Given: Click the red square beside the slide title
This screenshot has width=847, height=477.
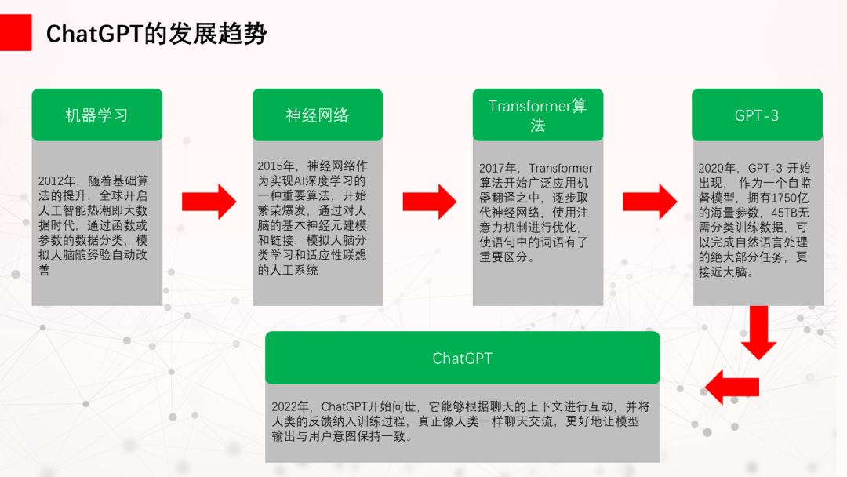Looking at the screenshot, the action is tap(16, 32).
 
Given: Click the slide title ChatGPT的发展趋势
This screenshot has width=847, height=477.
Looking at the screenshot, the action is tap(156, 34).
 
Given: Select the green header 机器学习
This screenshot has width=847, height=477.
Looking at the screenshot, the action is tap(97, 115).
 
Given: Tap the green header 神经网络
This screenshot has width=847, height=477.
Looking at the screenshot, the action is tap(318, 115).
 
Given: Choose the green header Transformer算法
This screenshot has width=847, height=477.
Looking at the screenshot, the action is tap(538, 115).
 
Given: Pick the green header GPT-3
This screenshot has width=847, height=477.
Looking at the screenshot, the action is tap(758, 115).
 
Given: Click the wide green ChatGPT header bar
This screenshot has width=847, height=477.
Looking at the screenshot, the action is tap(463, 358).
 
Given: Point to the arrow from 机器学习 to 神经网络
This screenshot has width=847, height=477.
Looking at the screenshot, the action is tap(209, 202).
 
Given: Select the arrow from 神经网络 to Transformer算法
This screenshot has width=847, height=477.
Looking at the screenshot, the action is tap(430, 202).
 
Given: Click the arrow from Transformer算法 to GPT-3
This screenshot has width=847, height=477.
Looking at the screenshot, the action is tap(650, 202).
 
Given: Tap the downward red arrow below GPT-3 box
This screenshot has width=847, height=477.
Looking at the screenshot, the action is tap(759, 333).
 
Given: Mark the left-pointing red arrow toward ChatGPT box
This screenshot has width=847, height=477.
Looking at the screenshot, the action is tap(732, 388).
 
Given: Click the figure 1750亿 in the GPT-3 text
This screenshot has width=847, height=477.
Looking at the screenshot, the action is tap(790, 198).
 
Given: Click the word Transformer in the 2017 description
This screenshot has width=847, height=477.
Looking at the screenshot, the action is tap(561, 169).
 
